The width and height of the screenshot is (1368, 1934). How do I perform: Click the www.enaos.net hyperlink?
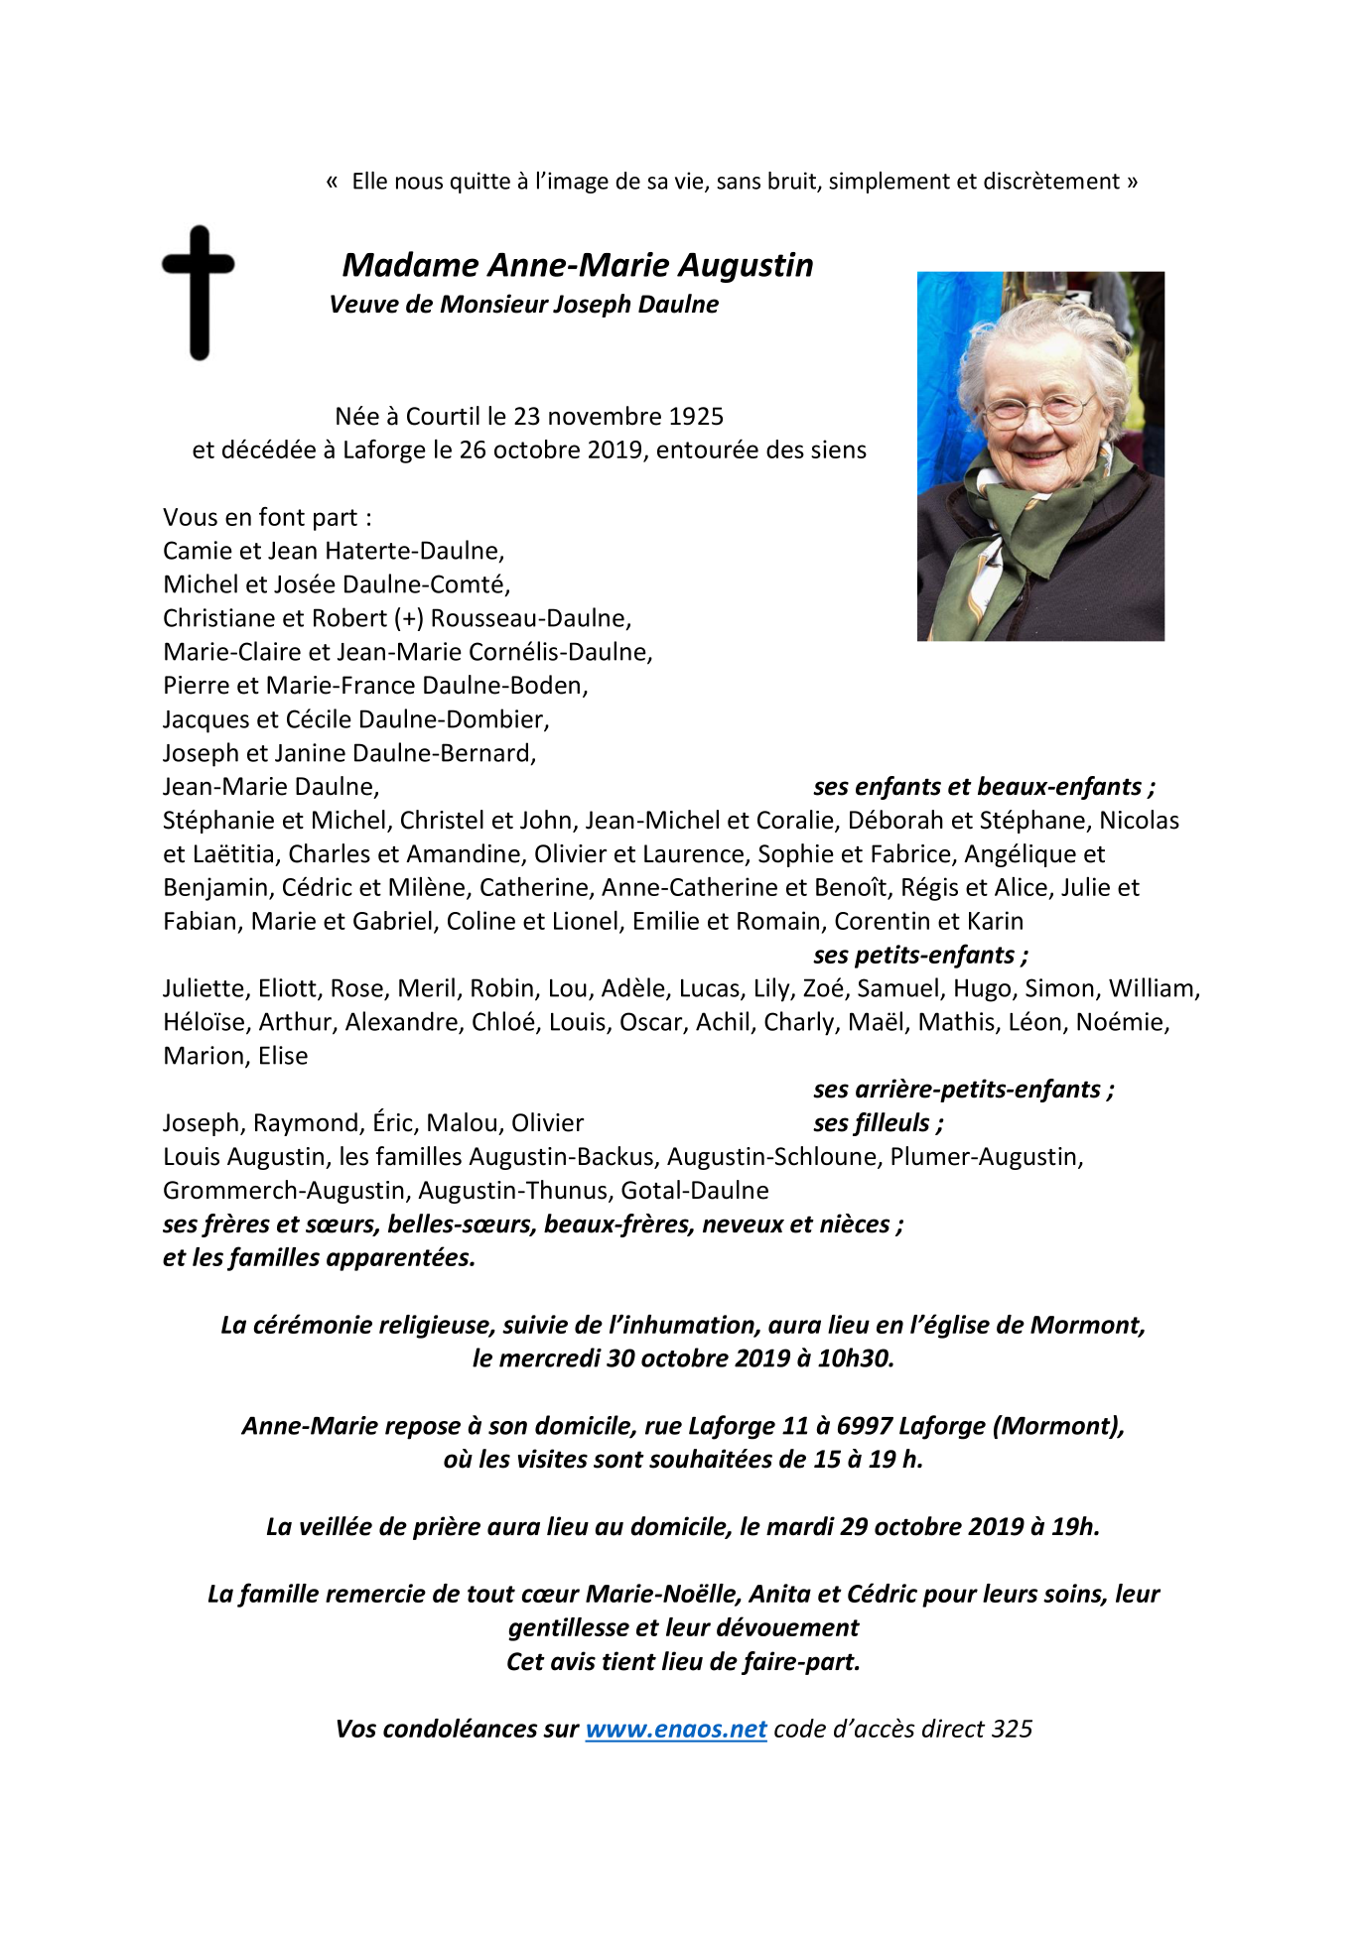675,1730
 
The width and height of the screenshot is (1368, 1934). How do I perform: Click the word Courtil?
443,417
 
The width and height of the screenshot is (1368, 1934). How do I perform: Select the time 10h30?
855,1358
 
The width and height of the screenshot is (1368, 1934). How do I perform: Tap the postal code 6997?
865,1426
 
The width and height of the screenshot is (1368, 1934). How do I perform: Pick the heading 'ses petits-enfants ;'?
920,956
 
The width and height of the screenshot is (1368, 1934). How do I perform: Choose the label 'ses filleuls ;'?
878,1123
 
